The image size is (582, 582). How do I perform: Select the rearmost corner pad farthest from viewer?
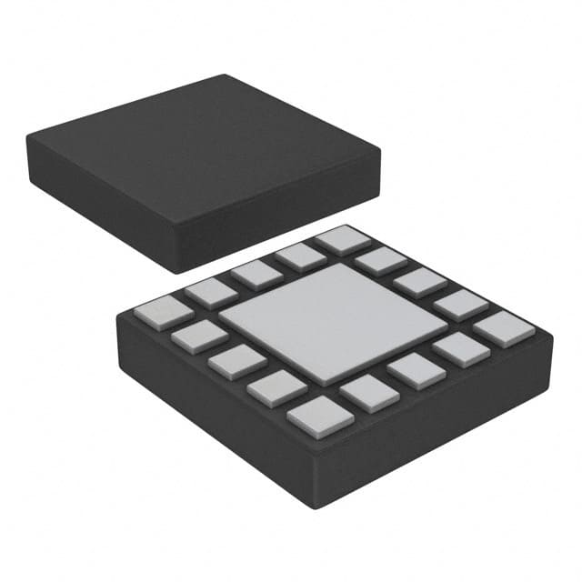343,240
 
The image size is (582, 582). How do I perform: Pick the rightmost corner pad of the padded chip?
503,328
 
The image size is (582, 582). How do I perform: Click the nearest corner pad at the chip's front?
320,415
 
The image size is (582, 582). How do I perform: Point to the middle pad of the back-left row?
256,274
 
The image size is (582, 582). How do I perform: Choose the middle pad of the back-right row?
419,282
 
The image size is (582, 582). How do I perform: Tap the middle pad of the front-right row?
416,370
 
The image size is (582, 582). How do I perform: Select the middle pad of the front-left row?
236,362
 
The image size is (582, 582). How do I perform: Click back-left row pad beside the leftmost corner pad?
211,292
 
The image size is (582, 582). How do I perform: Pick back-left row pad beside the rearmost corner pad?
300,256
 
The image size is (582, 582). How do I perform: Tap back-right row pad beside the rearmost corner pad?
380,261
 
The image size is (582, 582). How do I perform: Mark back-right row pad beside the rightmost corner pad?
459,304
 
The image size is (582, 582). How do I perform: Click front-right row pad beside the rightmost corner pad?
460,349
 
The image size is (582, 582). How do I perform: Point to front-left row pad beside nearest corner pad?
276,387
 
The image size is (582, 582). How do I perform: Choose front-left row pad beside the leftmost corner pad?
198,336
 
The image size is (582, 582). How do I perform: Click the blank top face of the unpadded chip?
200,145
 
